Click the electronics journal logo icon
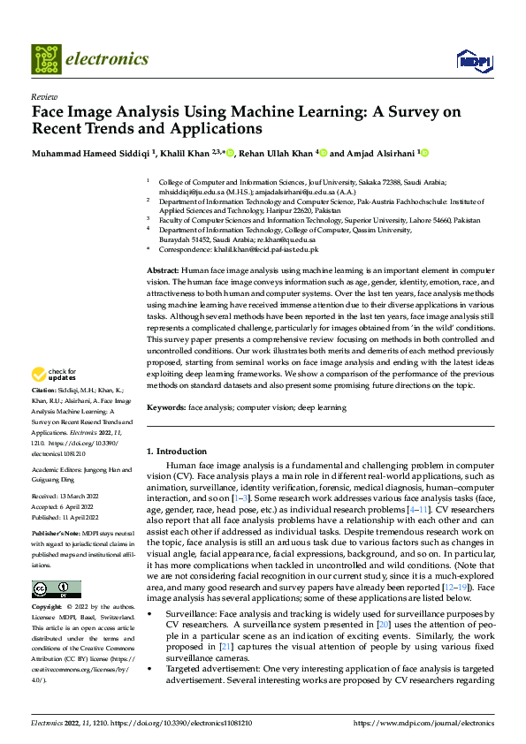(46, 59)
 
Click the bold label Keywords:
(167, 407)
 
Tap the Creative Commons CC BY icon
(55, 589)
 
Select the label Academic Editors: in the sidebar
(57, 470)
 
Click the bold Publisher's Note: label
(57, 535)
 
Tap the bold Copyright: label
(47, 608)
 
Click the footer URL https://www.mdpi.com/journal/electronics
(423, 723)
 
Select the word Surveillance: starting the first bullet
(192, 613)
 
